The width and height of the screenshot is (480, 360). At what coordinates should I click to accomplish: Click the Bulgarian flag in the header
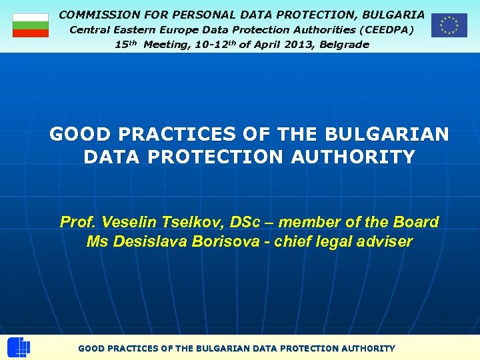pos(31,25)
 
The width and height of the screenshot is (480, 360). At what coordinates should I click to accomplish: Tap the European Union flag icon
pos(449,25)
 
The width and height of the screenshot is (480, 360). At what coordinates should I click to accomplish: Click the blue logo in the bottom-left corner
pos(19,348)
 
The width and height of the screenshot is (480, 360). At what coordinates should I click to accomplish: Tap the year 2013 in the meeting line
pos(278,45)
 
